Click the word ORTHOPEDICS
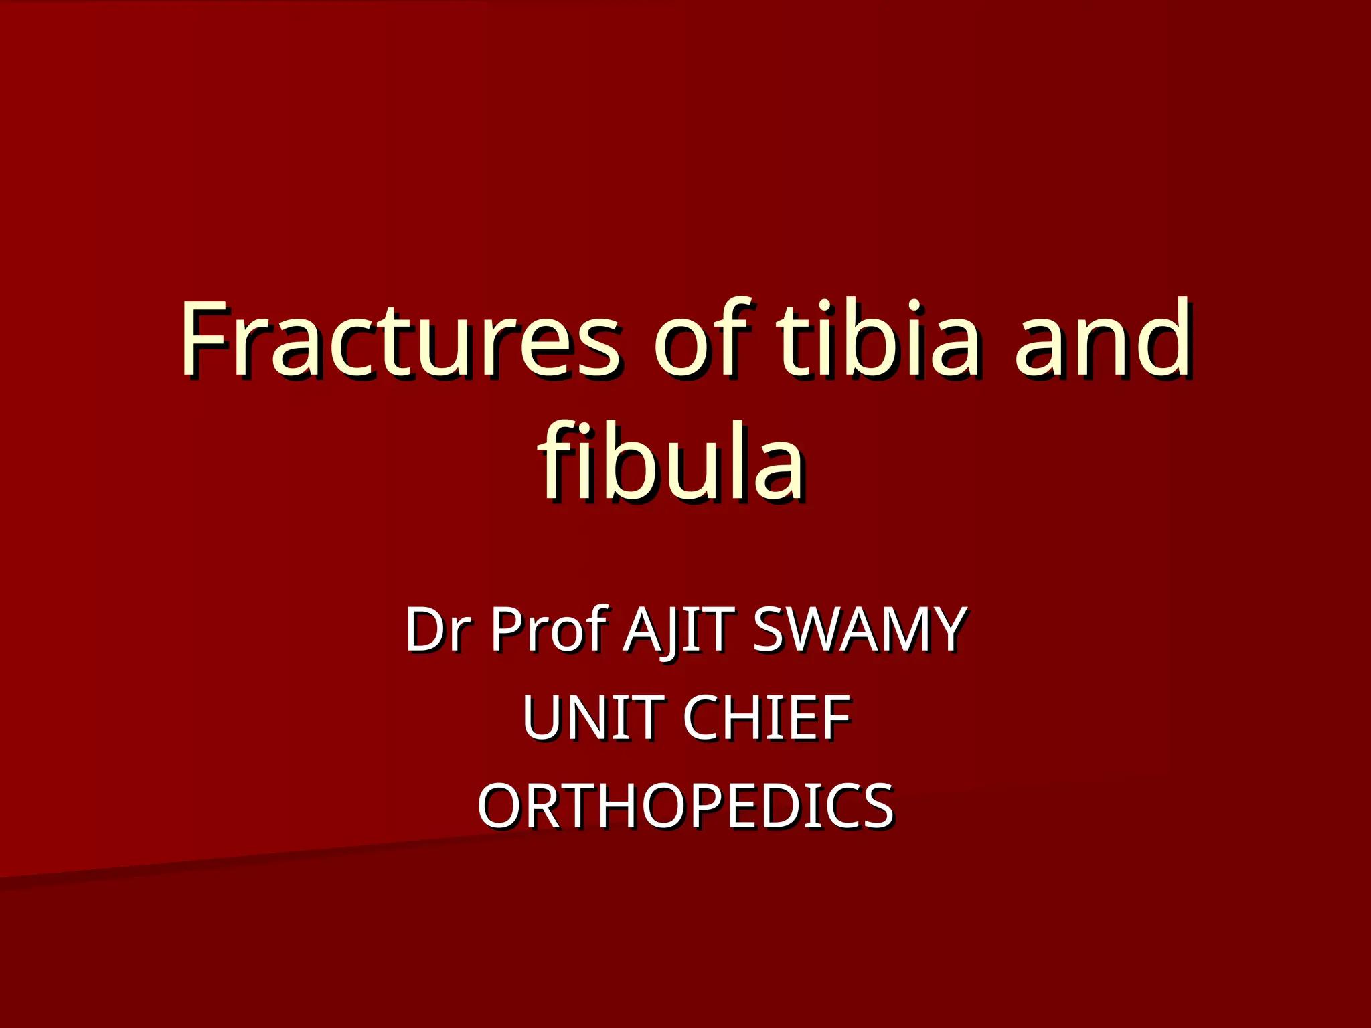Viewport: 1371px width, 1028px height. pos(685,806)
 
